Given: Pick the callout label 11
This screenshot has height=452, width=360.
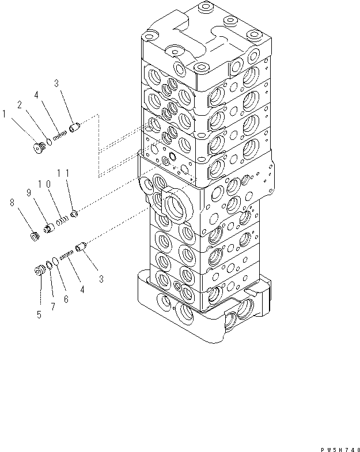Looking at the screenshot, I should (x=63, y=172).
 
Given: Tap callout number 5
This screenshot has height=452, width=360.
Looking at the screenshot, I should (x=39, y=315).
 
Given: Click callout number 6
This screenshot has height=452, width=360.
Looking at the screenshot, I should (x=66, y=299).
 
